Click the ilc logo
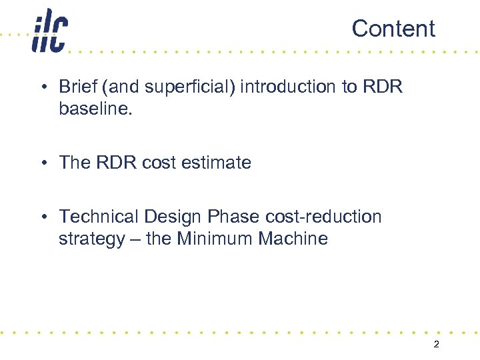click(49, 31)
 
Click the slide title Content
click(393, 29)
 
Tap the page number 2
click(436, 345)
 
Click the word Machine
click(296, 238)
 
